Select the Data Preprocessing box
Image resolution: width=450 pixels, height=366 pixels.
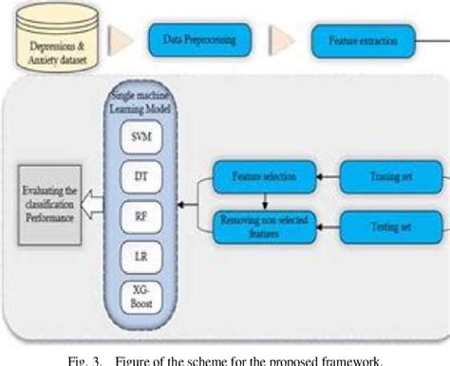200,41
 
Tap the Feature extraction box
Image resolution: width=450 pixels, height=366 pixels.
367,42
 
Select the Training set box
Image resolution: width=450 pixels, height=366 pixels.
389,176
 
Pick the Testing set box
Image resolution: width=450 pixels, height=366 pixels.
389,227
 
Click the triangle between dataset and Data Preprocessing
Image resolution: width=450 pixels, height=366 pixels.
121,41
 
